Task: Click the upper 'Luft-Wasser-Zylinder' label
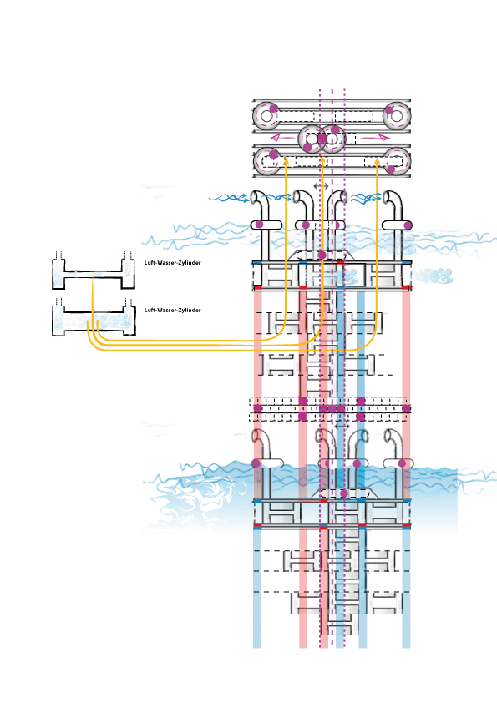pos(172,263)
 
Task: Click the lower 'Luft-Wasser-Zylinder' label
pos(172,310)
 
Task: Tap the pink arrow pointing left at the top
pos(283,137)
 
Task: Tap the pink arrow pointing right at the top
pos(375,137)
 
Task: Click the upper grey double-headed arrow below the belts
pos(321,185)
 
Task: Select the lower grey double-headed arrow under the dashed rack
pos(342,426)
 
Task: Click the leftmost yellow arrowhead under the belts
pos(286,160)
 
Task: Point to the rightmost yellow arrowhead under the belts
pos(377,160)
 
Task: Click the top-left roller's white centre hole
pos(266,116)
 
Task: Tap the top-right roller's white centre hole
pos(397,116)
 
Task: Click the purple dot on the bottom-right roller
pos(391,169)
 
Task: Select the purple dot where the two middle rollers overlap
pos(322,139)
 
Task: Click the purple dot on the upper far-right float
pos(408,225)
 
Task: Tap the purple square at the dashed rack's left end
pos(257,409)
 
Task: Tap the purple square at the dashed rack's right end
pos(406,409)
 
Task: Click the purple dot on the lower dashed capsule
pos(343,493)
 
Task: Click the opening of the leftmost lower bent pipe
pos(256,435)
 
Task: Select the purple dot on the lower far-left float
pos(256,463)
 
